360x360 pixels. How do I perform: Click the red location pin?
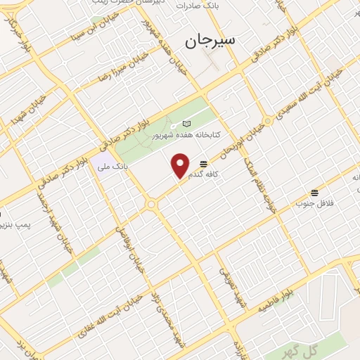coord(181,165)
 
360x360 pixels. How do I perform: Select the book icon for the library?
coord(186,124)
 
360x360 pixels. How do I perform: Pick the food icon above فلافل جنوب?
coord(314,191)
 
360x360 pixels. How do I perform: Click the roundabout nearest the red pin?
coord(150,204)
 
